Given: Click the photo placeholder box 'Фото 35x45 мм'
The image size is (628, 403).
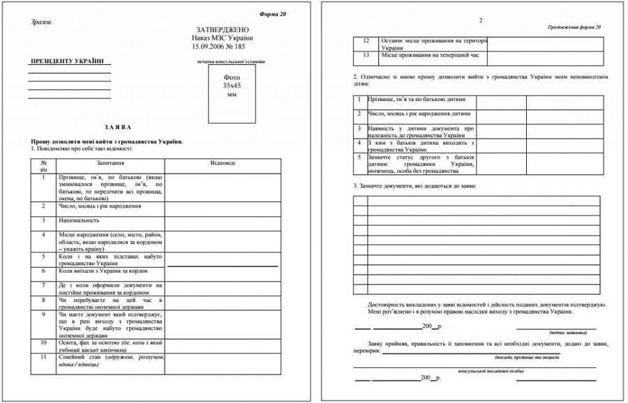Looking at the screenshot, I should tap(230, 89).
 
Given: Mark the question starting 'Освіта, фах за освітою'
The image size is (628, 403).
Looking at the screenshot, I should tap(110, 346).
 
